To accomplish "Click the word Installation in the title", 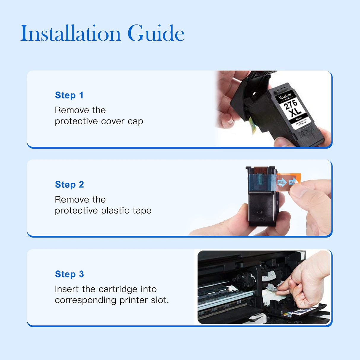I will coord(71,33).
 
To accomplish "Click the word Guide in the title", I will coord(156,33).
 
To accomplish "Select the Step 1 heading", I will coord(69,95).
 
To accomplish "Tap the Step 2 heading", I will coord(69,184).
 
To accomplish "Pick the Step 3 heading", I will coord(69,274).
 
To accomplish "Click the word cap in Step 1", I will coord(136,122).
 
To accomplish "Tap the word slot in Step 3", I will coord(159,300).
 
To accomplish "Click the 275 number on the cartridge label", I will coord(290,104).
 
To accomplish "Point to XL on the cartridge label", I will coord(295,112).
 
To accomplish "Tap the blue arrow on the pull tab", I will coord(283,182).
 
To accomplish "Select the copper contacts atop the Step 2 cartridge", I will coord(260,170).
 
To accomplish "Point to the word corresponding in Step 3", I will coord(85,300).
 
